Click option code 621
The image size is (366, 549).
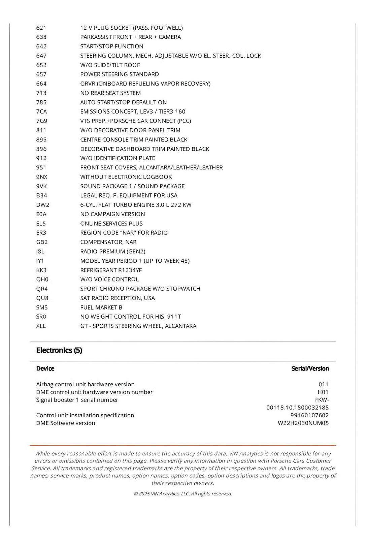click(x=41, y=28)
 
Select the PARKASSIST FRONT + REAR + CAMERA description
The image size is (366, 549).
click(x=130, y=37)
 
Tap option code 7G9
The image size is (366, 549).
click(x=41, y=121)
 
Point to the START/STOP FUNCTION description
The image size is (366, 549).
click(x=111, y=46)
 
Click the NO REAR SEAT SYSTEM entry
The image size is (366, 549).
click(x=110, y=93)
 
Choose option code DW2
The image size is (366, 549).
click(x=42, y=205)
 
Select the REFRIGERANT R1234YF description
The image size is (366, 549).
click(x=111, y=270)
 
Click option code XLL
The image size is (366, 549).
click(x=41, y=326)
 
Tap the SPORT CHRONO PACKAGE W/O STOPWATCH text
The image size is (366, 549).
click(x=140, y=289)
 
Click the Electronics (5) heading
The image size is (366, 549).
click(x=59, y=350)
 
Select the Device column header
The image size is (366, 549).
click(x=45, y=368)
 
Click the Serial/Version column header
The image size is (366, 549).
click(x=310, y=368)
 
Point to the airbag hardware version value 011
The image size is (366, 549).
click(x=323, y=384)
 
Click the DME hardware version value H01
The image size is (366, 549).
click(x=323, y=392)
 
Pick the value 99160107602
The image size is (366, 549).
click(x=309, y=415)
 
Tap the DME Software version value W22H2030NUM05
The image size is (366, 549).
click(x=303, y=423)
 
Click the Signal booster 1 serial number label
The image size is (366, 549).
click(x=77, y=400)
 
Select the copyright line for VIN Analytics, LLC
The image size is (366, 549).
click(x=183, y=494)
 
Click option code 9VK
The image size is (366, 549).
click(x=41, y=186)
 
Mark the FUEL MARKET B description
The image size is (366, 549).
click(x=101, y=308)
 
